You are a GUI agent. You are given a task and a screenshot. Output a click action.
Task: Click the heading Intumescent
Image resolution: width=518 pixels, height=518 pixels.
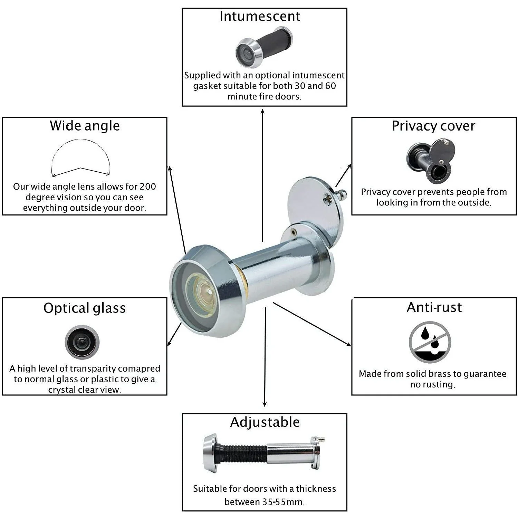pyautogui.click(x=260, y=17)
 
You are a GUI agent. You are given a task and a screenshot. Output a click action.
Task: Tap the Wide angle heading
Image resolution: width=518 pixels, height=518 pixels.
pyautogui.click(x=85, y=126)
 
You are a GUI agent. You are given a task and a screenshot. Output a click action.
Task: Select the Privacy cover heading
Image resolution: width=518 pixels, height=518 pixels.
pyautogui.click(x=433, y=126)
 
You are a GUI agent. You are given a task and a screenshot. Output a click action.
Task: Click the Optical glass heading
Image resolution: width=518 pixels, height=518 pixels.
pyautogui.click(x=84, y=308)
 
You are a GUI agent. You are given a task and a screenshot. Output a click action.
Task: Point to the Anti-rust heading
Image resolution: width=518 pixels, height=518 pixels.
pyautogui.click(x=434, y=307)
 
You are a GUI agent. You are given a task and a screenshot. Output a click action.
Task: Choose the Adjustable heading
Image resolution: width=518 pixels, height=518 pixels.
pyautogui.click(x=265, y=422)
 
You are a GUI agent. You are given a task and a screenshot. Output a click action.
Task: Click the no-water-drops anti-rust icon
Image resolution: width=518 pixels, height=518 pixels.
pyautogui.click(x=430, y=342)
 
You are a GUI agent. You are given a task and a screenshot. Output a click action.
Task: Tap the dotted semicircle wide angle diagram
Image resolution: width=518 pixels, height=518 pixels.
pyautogui.click(x=80, y=157)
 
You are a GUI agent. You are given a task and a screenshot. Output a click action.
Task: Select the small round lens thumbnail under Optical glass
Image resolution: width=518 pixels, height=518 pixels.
pyautogui.click(x=82, y=342)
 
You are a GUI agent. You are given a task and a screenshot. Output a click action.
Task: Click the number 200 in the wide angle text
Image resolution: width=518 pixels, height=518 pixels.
pyautogui.click(x=147, y=186)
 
